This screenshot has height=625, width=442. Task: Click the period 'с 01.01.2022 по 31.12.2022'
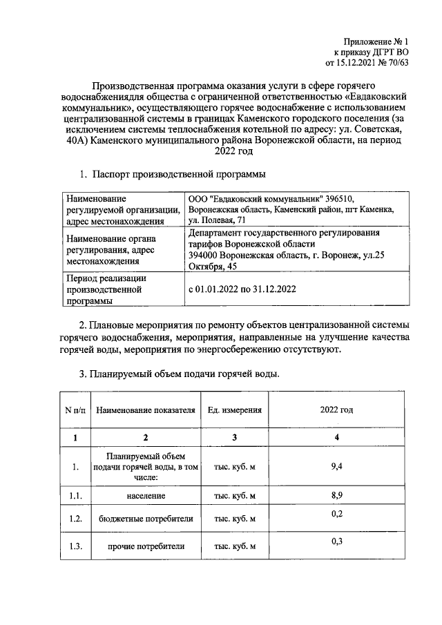coord(242,290)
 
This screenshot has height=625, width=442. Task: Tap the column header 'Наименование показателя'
coord(146,410)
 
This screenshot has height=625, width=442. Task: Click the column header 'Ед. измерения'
coord(234,410)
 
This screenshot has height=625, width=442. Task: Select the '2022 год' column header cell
coord(336,410)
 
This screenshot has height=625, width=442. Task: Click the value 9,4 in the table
coord(337,467)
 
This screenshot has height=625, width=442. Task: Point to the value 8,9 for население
coord(337,495)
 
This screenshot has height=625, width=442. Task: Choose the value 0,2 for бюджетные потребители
coord(337,515)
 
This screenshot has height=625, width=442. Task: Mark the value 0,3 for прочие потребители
coord(337,541)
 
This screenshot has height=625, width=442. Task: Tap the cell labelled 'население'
coord(146,496)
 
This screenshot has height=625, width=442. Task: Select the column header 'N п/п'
coord(76,410)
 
